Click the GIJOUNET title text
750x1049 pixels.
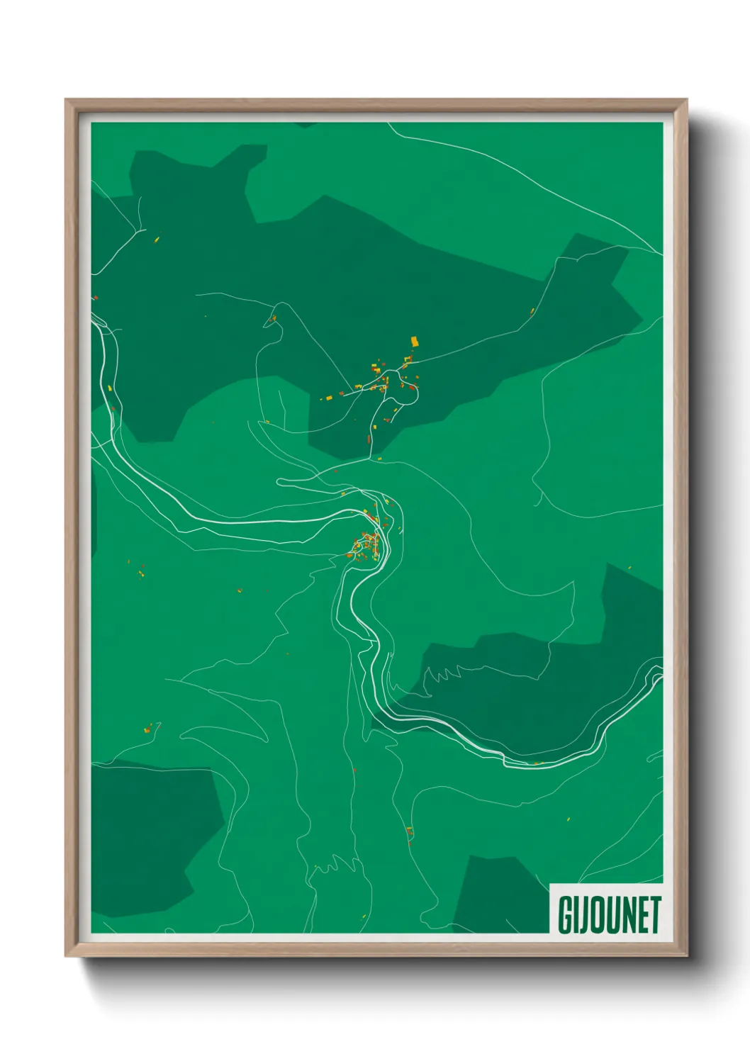coord(609,914)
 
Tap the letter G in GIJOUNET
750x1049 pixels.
coord(566,915)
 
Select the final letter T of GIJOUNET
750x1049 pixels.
coord(655,915)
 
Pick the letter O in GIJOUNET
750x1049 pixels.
coord(600,915)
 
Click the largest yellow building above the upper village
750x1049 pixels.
coord(415,342)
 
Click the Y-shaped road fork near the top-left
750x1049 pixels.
coord(135,231)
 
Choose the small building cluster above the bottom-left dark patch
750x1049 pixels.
coord(150,727)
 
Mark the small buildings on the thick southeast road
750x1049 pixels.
coord(538,763)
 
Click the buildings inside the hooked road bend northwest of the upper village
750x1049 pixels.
coord(272,319)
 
